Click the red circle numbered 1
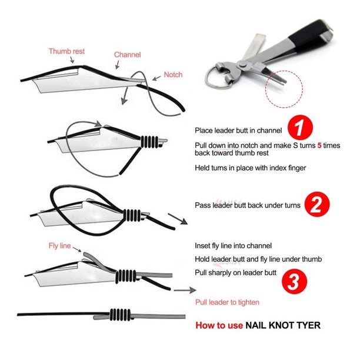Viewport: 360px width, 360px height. (x=301, y=128)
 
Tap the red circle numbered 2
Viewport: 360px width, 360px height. (x=317, y=204)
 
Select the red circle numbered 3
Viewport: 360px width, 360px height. (x=294, y=282)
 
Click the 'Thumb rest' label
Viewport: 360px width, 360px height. (x=66, y=51)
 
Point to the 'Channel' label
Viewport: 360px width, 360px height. (x=127, y=55)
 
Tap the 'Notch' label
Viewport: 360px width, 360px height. (x=173, y=75)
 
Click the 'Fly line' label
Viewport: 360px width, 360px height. (x=59, y=246)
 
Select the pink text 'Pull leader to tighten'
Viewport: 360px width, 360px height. (x=227, y=302)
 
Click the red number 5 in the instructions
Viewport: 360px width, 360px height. (x=319, y=145)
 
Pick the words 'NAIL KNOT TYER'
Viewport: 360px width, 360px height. (x=283, y=325)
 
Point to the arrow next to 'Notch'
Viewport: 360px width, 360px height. (x=156, y=78)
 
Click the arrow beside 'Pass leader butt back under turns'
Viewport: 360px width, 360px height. (x=178, y=219)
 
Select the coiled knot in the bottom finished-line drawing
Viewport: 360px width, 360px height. (x=120, y=315)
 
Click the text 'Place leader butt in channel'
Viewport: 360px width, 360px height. (x=238, y=131)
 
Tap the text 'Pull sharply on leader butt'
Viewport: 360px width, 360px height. (x=235, y=272)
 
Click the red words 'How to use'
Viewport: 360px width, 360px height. (x=219, y=325)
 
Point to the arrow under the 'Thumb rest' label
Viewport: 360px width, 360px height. (x=72, y=59)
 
